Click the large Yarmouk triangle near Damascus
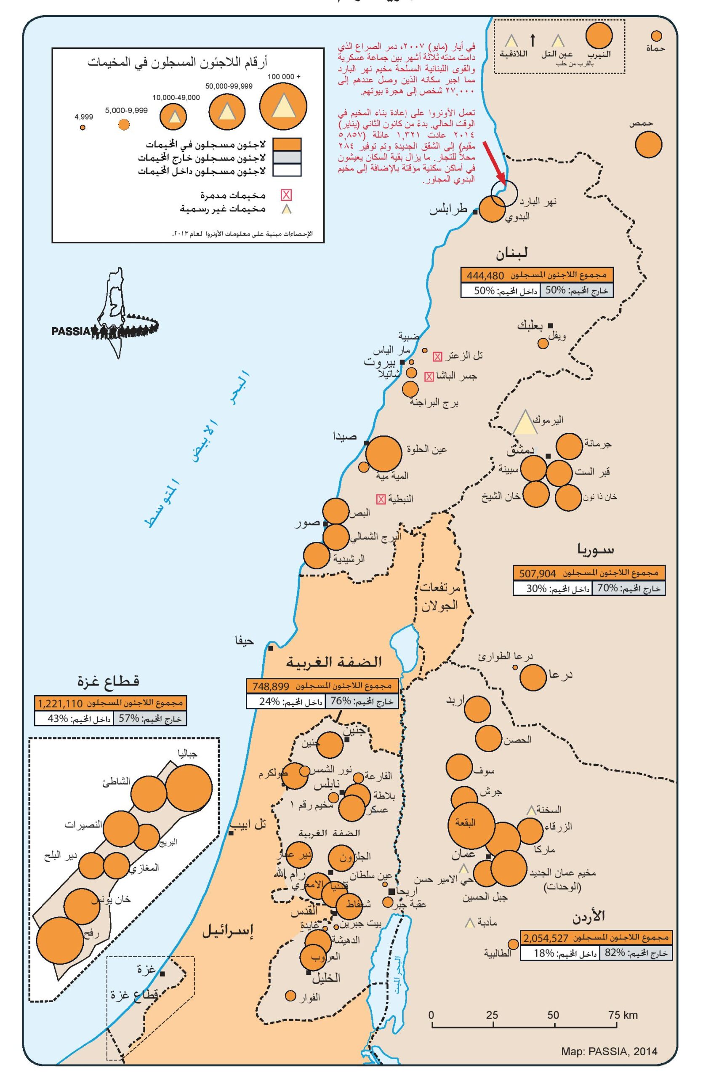524,423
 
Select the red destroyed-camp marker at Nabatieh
381,499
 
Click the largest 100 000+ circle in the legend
283,107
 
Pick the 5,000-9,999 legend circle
124,125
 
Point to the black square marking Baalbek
551,326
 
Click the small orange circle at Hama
656,36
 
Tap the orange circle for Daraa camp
533,678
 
